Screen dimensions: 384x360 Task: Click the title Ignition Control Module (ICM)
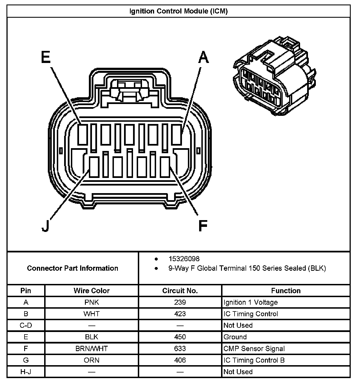tap(178, 11)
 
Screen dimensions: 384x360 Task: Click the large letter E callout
tap(46, 57)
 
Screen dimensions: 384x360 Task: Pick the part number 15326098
tap(184, 259)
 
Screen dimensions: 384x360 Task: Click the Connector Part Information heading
tap(73, 268)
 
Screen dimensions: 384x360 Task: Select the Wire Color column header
tap(91, 291)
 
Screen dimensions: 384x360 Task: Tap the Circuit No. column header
tap(180, 291)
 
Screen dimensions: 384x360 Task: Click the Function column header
tap(286, 291)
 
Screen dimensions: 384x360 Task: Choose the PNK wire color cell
tap(91, 302)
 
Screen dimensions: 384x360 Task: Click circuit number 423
tap(180, 314)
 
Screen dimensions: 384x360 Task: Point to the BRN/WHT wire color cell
tap(91, 349)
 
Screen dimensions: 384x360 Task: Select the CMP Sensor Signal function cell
tap(254, 349)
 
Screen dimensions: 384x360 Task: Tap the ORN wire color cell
tap(91, 360)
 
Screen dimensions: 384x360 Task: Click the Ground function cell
tap(235, 337)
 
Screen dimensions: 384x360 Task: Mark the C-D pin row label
tap(26, 325)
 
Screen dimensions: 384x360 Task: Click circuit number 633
tap(180, 349)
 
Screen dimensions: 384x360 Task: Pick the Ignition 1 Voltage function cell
tap(251, 302)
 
